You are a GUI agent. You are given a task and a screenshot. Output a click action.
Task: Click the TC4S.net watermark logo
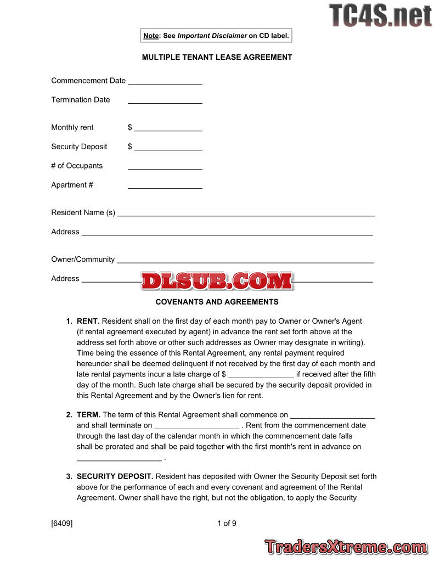[380, 15]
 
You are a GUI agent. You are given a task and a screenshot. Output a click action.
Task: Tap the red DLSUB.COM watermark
[217, 281]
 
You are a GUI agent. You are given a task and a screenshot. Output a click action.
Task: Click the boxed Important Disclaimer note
[216, 36]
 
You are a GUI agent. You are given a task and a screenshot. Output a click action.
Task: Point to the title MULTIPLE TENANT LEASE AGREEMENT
[217, 57]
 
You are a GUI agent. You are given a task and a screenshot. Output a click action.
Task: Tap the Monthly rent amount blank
[168, 129]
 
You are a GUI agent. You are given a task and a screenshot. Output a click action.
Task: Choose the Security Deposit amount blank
[168, 148]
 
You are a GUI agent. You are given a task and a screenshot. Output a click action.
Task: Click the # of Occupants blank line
[165, 167]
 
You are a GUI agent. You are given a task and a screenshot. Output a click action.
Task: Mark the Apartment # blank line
[165, 187]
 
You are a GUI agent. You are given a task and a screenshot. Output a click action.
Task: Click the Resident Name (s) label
[83, 212]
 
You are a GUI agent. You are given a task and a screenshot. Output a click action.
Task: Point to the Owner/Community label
[83, 259]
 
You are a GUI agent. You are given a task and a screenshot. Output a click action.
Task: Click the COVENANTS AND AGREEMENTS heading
[217, 302]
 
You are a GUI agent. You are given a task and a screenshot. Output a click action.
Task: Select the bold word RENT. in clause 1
[88, 321]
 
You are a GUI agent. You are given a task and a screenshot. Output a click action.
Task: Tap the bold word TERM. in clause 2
[88, 415]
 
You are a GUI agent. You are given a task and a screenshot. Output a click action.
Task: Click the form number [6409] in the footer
[62, 523]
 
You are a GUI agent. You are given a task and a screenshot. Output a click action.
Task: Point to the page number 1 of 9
[227, 523]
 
